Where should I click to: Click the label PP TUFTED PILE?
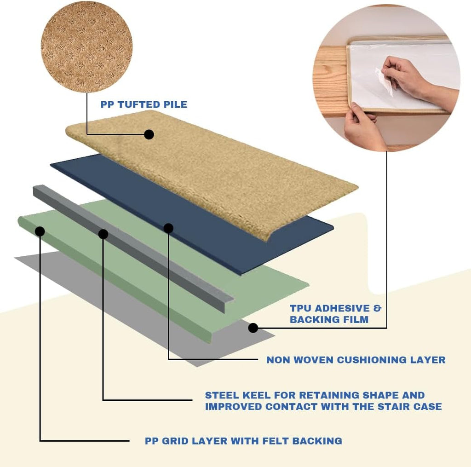[x=144, y=104]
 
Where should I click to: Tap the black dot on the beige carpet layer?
[x=149, y=134]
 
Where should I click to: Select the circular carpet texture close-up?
[x=86, y=47]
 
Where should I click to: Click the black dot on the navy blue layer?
[x=168, y=228]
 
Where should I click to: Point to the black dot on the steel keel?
[x=103, y=234]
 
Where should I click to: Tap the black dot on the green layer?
[x=40, y=231]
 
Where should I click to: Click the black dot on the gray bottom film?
[x=253, y=328]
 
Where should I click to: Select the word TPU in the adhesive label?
[x=301, y=308]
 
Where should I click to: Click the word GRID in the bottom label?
[x=175, y=441]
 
